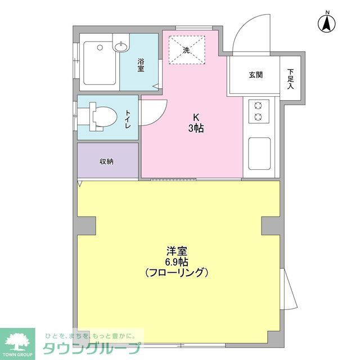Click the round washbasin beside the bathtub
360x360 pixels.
point(121,48)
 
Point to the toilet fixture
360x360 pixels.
point(100,118)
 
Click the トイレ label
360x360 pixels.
point(128,119)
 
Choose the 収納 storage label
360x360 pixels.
point(107,161)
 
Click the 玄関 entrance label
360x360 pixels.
point(255,75)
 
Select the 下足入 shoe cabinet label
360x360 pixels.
point(291,79)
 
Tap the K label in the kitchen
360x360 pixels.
point(196,118)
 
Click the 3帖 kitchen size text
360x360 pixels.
point(196,128)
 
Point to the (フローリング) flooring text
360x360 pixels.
point(177,273)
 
